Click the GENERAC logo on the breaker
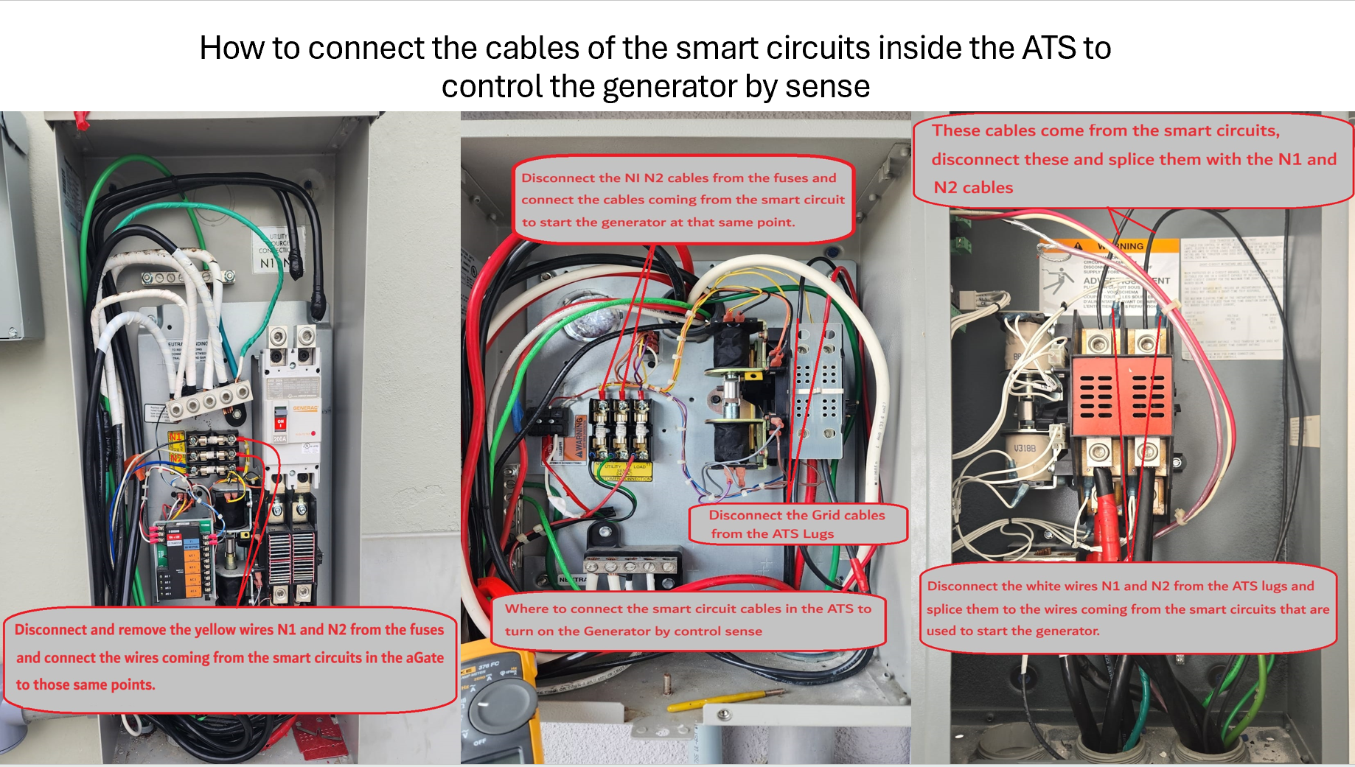(x=305, y=408)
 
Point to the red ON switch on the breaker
(x=280, y=422)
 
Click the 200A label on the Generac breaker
(x=280, y=438)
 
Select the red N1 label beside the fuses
(x=175, y=437)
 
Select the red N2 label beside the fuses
(x=176, y=458)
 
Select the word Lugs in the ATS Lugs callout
(x=818, y=533)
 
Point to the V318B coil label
(x=1024, y=448)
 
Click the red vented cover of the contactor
(x=1121, y=396)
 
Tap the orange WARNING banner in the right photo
(x=1121, y=246)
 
